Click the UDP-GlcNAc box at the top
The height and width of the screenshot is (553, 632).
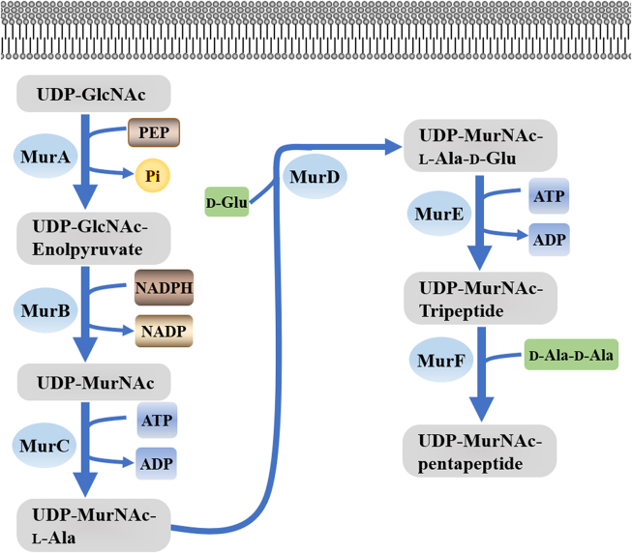(93, 95)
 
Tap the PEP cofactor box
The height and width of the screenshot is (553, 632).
(154, 131)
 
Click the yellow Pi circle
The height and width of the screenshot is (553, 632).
(153, 175)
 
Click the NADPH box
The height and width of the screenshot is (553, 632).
(164, 288)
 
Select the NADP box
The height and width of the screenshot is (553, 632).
(164, 332)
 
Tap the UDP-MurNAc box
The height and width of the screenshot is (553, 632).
(93, 381)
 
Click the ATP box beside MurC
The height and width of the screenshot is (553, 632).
(156, 421)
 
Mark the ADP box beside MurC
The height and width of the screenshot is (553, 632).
(156, 463)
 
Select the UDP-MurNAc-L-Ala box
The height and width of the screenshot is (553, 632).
(93, 524)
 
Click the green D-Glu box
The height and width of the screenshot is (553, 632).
(226, 203)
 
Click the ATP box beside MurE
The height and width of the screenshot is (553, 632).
(548, 198)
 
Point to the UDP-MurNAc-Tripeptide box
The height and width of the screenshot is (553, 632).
(481, 299)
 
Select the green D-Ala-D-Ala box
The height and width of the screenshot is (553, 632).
(571, 356)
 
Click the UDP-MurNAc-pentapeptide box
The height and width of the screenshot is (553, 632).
(481, 451)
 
